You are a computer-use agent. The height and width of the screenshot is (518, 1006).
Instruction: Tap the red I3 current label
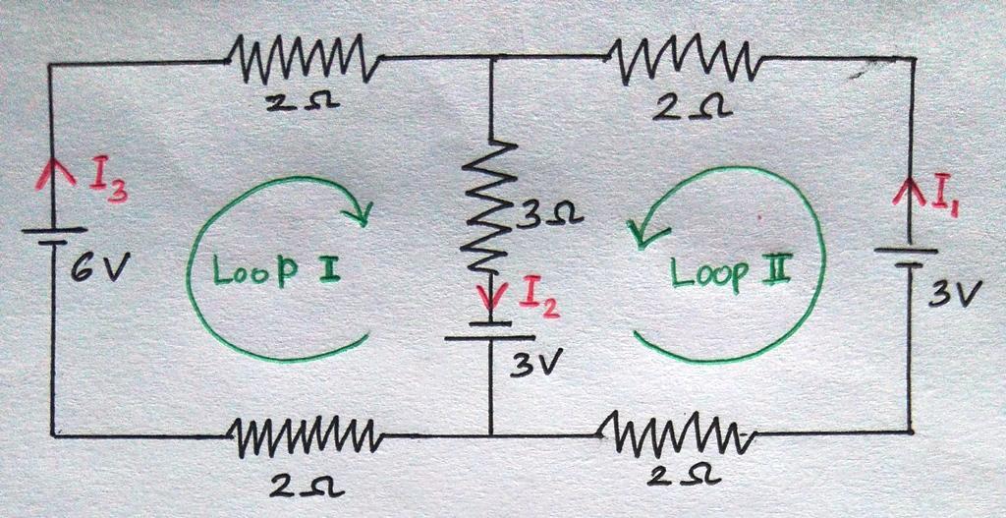tap(108, 183)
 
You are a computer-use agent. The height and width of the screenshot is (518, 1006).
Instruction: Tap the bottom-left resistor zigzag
tap(306, 437)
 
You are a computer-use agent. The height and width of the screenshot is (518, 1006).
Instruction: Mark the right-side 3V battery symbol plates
tap(909, 258)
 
